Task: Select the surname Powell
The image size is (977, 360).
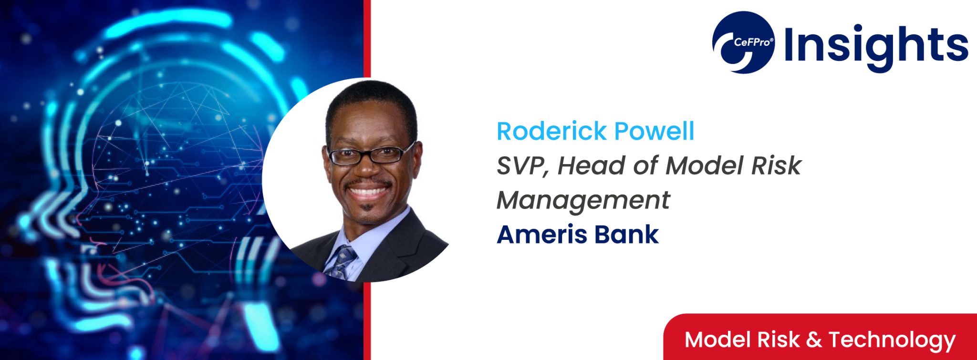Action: pos(654,131)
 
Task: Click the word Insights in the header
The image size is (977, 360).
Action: pos(876,45)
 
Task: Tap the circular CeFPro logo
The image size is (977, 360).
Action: pos(743,42)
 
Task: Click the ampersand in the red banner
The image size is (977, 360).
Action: pos(814,340)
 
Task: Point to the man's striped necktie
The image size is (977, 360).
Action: pos(342,262)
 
